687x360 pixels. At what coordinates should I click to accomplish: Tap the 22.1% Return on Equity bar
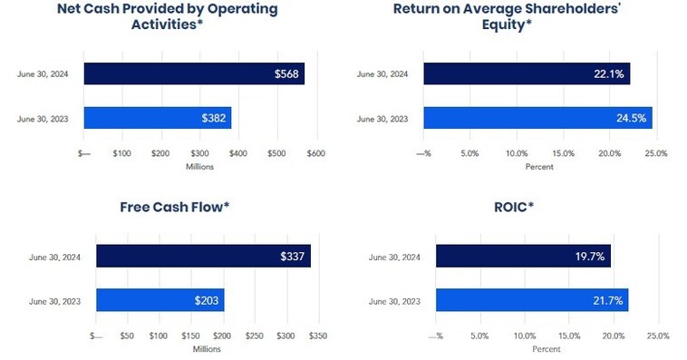click(x=526, y=73)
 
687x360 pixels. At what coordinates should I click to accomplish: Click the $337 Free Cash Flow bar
click(x=203, y=256)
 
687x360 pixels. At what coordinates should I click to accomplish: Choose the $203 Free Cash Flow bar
click(x=160, y=299)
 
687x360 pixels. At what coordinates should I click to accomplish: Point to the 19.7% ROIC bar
click(x=523, y=256)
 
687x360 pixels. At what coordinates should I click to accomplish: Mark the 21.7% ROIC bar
click(x=531, y=299)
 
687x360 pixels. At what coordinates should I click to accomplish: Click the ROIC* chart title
click(x=518, y=207)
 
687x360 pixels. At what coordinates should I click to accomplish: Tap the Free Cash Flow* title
click(x=175, y=207)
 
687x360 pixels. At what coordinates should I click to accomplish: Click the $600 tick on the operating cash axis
click(x=315, y=154)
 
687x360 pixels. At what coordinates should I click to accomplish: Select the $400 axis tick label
click(x=238, y=154)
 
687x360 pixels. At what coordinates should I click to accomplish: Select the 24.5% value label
click(x=633, y=118)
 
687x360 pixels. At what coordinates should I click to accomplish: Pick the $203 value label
click(x=207, y=299)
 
